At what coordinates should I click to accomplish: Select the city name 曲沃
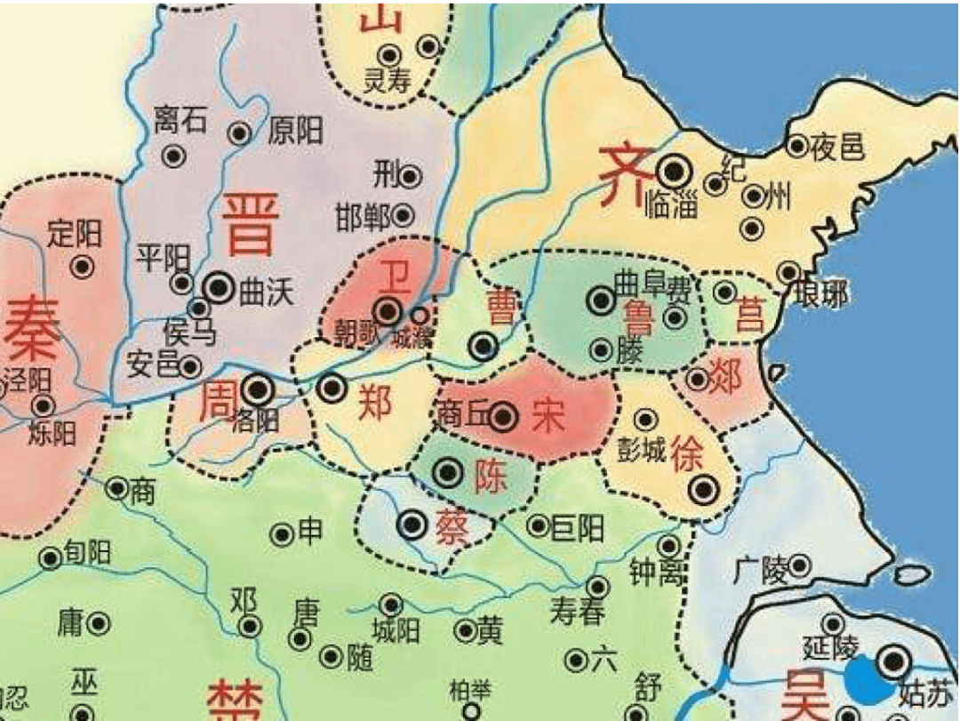coord(265,293)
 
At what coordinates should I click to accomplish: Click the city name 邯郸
coord(363,216)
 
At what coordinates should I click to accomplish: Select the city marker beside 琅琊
coord(788,272)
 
